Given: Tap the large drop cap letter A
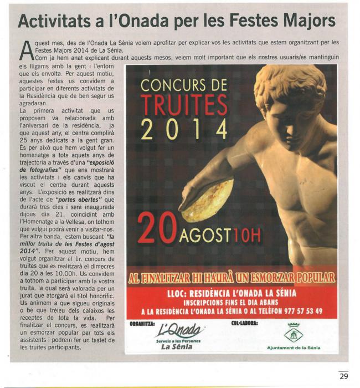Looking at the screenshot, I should (24, 50).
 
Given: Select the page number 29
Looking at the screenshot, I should (343, 376).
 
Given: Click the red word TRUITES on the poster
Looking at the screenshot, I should (183, 105).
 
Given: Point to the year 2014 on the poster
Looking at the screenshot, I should (184, 129).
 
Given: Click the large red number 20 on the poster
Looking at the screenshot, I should (157, 228).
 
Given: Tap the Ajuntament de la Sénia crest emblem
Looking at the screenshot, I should (293, 333).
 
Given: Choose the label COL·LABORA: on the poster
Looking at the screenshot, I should (244, 322).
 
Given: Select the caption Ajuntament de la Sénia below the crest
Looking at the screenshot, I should (293, 348).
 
